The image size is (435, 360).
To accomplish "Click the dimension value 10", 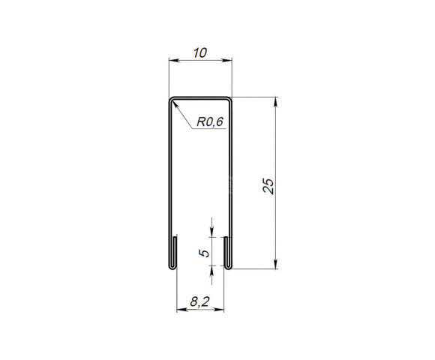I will click(199, 52).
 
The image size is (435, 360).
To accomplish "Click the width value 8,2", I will click(199, 302).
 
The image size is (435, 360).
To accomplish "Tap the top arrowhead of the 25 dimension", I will click(277, 100).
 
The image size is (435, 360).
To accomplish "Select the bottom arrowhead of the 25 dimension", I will click(277, 264).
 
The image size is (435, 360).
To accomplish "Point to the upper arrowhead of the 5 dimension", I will click(212, 232).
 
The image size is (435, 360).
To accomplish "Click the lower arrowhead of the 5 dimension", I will click(212, 270).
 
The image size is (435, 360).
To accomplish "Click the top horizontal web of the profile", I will click(199, 97).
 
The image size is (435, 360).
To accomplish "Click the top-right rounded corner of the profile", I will click(229, 99).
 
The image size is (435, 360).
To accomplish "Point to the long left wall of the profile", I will click(167, 180).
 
